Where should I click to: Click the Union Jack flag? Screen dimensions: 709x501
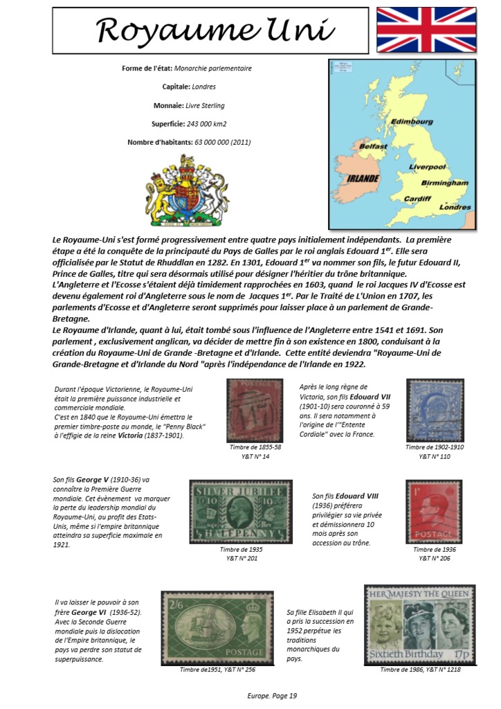coord(426,30)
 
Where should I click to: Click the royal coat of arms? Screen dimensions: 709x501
coord(187,195)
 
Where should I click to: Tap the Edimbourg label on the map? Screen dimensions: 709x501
coord(412,121)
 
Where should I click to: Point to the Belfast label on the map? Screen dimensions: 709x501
coord(373,147)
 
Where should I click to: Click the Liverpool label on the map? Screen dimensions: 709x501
coord(427,168)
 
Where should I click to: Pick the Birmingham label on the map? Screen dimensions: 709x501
coord(444,183)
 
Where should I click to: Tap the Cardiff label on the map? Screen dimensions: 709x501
coord(417,199)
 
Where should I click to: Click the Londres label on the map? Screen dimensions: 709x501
coord(455,207)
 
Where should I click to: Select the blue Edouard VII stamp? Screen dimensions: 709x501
coord(434,411)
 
